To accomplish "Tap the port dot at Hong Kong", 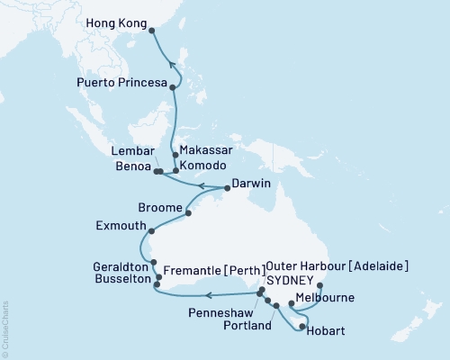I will click(x=151, y=31).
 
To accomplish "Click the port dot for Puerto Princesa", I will click(x=172, y=87).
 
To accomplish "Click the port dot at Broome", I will click(x=187, y=213).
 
